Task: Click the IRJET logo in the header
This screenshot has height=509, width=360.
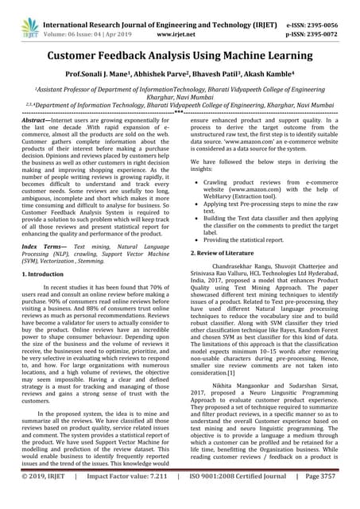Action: [30, 15]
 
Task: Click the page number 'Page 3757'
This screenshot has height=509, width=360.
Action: [319, 499]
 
